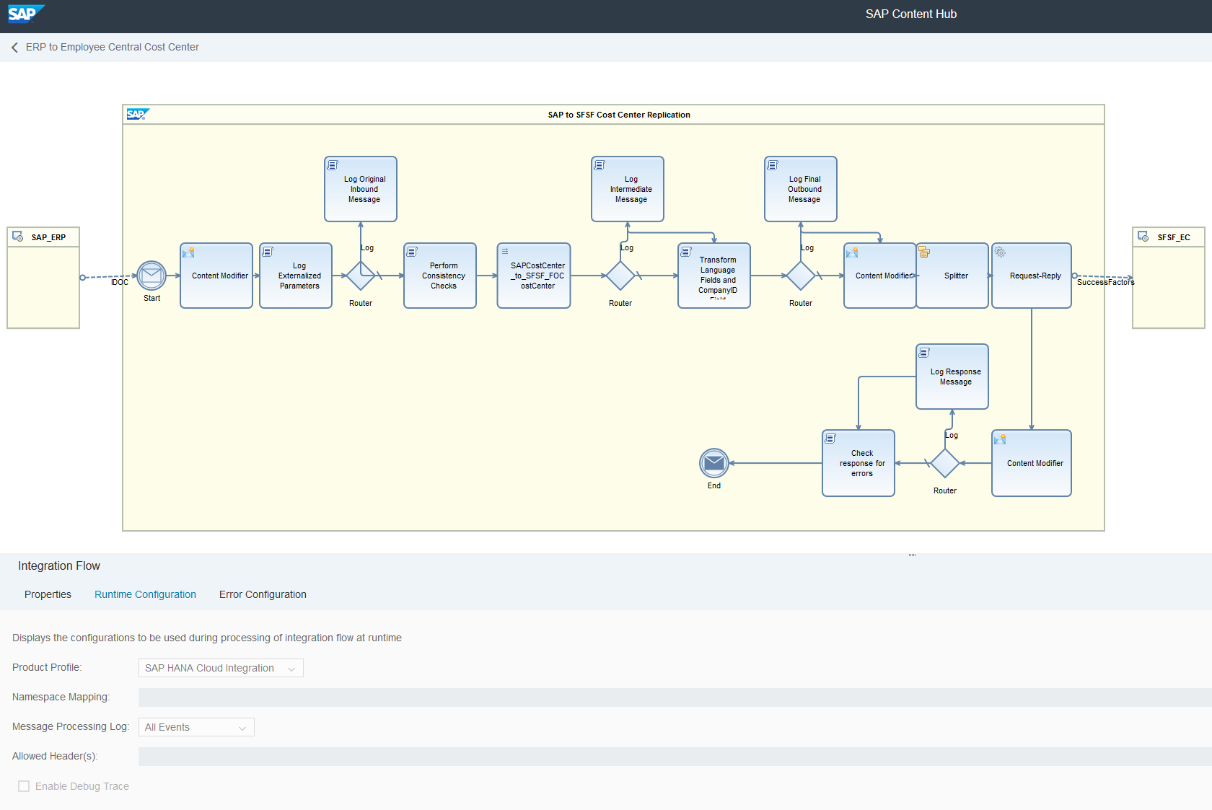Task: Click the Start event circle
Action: click(151, 276)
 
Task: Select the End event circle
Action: click(713, 463)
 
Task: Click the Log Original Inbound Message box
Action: click(361, 189)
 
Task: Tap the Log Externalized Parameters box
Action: click(296, 276)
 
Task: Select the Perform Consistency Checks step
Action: click(440, 276)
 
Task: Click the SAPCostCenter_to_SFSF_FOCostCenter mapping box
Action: click(534, 276)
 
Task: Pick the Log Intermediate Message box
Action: click(628, 189)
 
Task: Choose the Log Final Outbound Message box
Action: click(801, 189)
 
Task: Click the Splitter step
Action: click(952, 276)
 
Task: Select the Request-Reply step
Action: click(1032, 276)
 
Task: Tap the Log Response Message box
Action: click(952, 377)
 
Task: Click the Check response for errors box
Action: click(858, 463)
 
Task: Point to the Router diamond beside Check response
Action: click(945, 463)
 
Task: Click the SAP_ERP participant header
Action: click(43, 237)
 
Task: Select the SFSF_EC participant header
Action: click(1169, 237)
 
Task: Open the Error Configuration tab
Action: click(263, 594)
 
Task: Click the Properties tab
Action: click(48, 594)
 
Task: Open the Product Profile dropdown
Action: click(221, 668)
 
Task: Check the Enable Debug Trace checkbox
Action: click(24, 786)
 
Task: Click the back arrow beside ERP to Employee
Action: click(14, 48)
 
